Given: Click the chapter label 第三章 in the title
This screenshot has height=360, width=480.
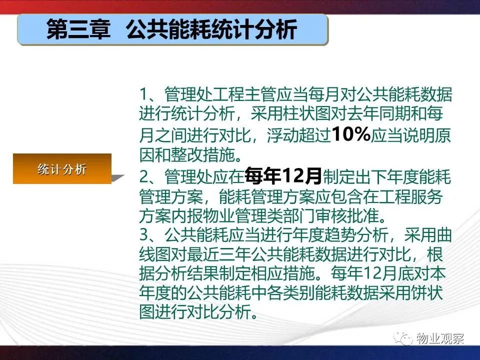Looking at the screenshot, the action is [x=78, y=29].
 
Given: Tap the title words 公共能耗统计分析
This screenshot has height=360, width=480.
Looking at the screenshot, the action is [x=211, y=29].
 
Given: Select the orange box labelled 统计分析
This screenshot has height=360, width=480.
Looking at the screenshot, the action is [x=62, y=168].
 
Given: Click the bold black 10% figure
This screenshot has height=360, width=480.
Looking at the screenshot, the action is [x=351, y=134].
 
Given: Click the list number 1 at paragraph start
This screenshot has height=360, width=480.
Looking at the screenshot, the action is [x=143, y=94].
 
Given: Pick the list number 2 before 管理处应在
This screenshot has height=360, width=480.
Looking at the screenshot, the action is [x=144, y=176].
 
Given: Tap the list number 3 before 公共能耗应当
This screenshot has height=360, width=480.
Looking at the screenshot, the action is [x=144, y=235].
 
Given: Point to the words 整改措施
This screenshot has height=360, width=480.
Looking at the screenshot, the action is [x=203, y=155].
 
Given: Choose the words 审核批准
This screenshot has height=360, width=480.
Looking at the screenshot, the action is [x=347, y=216].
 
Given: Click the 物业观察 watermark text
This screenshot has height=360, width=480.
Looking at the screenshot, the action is [x=440, y=338].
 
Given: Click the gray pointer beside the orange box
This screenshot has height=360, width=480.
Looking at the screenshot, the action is [x=117, y=178].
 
